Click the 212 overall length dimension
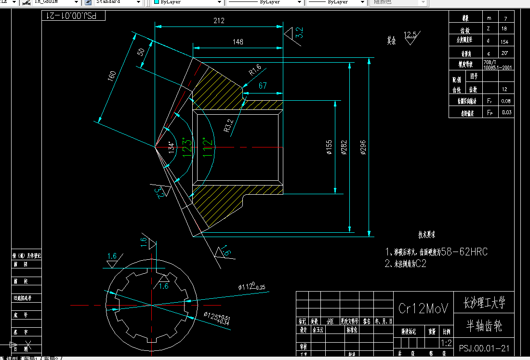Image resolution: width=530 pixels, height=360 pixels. (x=218, y=21)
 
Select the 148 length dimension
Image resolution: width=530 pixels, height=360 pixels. (x=238, y=42)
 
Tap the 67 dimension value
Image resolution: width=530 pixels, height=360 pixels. (x=263, y=86)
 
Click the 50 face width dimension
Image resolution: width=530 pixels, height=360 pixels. (x=141, y=52)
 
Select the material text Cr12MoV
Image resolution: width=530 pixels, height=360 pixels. (x=424, y=308)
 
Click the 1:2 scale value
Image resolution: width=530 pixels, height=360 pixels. (x=446, y=343)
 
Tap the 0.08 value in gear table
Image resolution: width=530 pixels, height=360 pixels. (x=505, y=101)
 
